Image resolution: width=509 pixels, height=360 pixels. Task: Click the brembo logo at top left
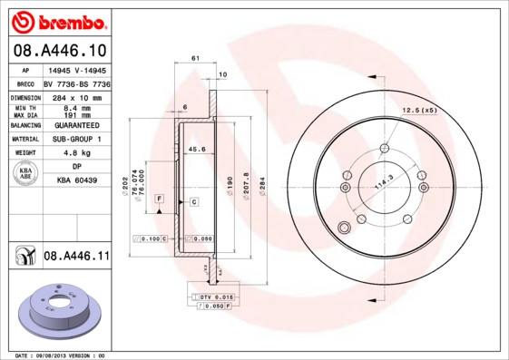click(56, 20)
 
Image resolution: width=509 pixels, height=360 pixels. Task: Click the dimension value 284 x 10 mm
click(76, 96)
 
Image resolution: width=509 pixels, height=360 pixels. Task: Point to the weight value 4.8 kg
click(76, 153)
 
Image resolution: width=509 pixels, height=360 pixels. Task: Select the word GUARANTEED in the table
click(76, 124)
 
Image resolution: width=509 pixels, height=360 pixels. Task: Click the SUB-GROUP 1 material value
click(76, 139)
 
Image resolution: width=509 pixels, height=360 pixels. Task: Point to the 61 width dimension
click(195, 58)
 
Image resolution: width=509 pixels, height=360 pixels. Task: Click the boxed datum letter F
click(159, 198)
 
